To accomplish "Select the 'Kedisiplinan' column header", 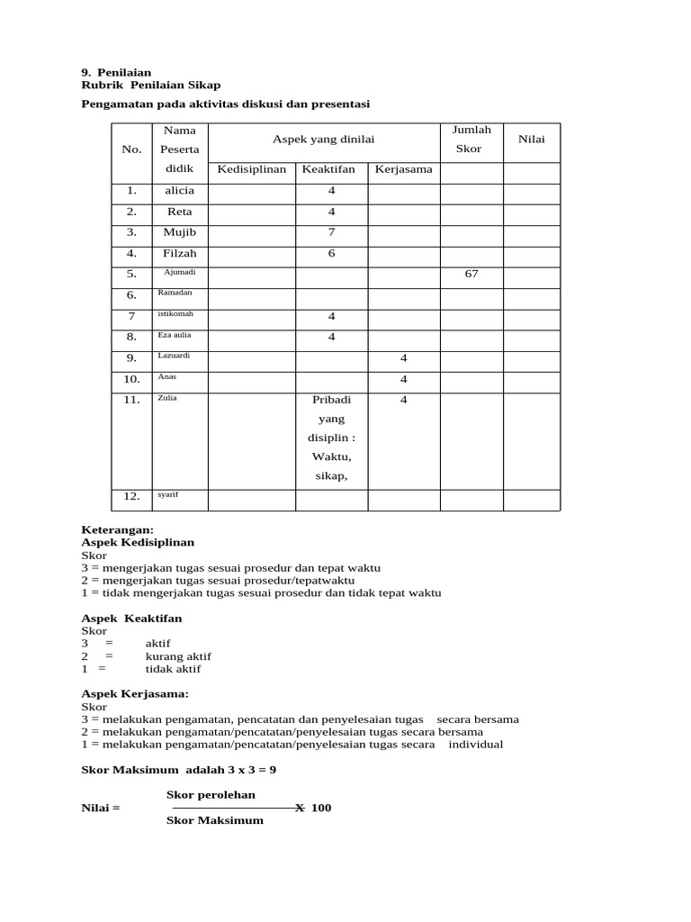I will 252,169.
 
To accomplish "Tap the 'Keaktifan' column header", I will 329,169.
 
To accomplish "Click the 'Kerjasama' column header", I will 404,169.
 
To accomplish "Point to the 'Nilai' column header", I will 531,140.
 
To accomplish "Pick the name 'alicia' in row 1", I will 179,191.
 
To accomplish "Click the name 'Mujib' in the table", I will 179,232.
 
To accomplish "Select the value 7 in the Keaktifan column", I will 331,232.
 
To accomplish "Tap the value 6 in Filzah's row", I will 331,254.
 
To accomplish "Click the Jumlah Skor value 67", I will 471,274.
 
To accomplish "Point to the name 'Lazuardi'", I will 175,356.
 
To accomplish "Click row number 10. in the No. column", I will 131,378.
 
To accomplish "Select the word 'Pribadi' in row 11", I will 331,400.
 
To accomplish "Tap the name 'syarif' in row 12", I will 168,494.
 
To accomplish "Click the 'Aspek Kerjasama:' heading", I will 135,694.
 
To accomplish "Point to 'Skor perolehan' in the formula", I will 211,794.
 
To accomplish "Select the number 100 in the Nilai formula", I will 321,808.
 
